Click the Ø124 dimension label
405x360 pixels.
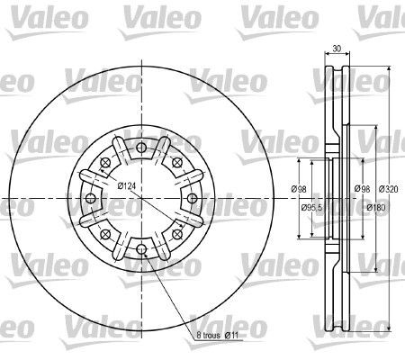pos(126,185)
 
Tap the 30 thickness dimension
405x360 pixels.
pos(337,51)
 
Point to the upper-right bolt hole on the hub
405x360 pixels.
pos(177,162)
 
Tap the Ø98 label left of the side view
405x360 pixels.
pos(300,188)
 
